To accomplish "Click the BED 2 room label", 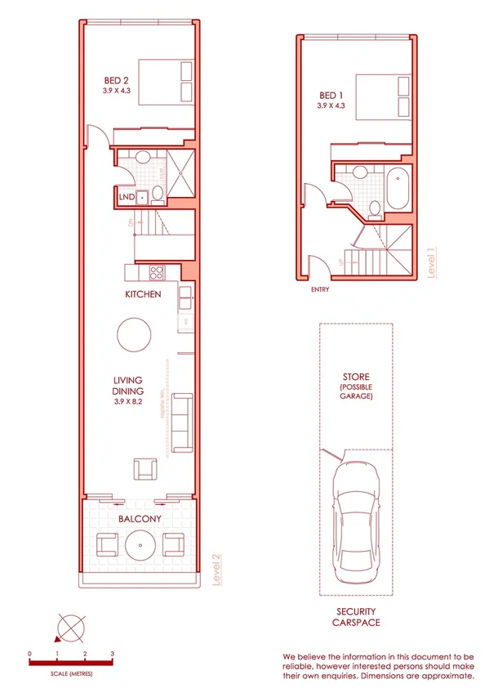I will (x=115, y=80).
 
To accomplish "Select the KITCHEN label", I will (x=143, y=294).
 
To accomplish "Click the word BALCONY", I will (x=138, y=518).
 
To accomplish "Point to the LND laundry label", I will (x=126, y=197).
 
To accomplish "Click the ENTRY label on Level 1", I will (x=321, y=288).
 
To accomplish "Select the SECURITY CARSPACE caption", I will (x=356, y=616).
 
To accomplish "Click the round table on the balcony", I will (x=140, y=544).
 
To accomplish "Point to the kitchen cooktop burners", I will (x=157, y=273).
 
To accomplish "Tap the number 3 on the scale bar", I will (x=112, y=655).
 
